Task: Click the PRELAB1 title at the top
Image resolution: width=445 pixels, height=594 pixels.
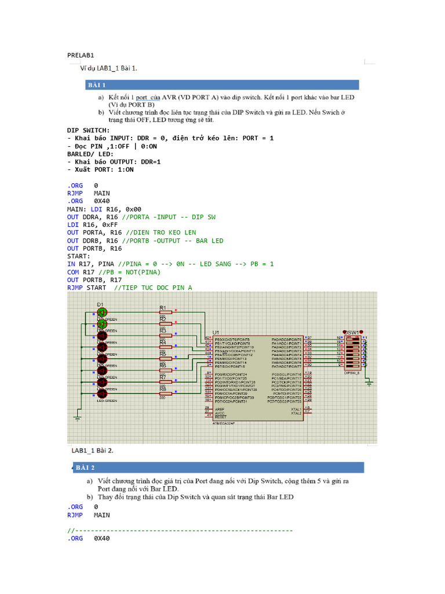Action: [x=81, y=55]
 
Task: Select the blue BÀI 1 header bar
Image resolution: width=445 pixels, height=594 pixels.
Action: [x=222, y=85]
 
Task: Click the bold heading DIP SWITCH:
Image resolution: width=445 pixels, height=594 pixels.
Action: [x=88, y=131]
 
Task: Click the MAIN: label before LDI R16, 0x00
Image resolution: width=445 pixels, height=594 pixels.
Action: [x=77, y=209]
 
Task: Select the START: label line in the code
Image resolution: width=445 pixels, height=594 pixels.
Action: [x=79, y=256]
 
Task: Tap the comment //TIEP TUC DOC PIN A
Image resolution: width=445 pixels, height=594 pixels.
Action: [x=153, y=287]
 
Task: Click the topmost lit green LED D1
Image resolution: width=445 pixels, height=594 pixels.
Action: [x=102, y=312]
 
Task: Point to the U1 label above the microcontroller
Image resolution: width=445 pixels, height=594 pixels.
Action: [x=216, y=332]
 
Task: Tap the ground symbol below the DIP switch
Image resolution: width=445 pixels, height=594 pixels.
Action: [x=369, y=382]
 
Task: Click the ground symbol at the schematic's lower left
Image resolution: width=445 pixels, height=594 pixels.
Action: [x=77, y=417]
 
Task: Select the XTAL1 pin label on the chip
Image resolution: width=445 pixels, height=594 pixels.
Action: [x=296, y=408]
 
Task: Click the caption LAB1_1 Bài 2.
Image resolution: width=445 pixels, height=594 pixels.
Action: [x=92, y=450]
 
